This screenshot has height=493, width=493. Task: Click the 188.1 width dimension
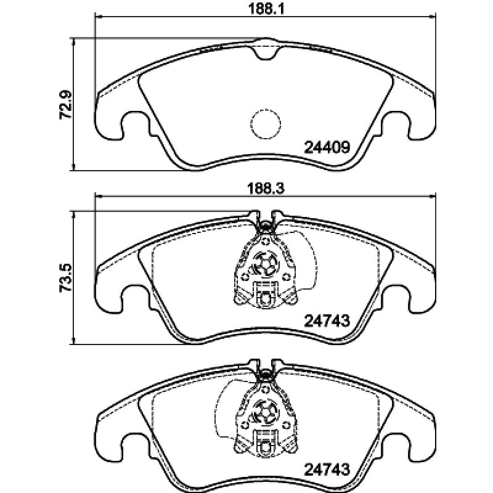point(266,9)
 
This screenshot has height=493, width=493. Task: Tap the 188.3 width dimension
point(266,189)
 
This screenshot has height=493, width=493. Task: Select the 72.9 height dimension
point(66,105)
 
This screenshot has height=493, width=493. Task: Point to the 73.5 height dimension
point(66,279)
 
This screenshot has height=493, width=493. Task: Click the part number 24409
point(327,147)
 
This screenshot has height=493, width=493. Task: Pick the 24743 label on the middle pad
point(327,320)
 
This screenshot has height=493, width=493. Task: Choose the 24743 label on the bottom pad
point(327,470)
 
